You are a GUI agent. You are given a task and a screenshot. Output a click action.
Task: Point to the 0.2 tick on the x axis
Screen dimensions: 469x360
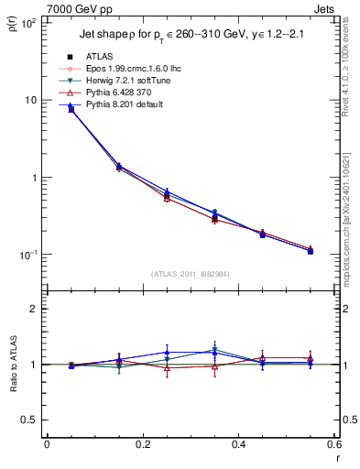click(x=142, y=444)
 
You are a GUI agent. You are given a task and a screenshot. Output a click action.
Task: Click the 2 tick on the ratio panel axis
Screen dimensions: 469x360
click(x=32, y=310)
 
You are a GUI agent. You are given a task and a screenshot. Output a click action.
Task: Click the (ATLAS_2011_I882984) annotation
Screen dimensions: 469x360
click(x=189, y=272)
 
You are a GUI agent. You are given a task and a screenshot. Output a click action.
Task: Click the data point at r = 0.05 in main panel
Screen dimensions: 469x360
click(x=71, y=109)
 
